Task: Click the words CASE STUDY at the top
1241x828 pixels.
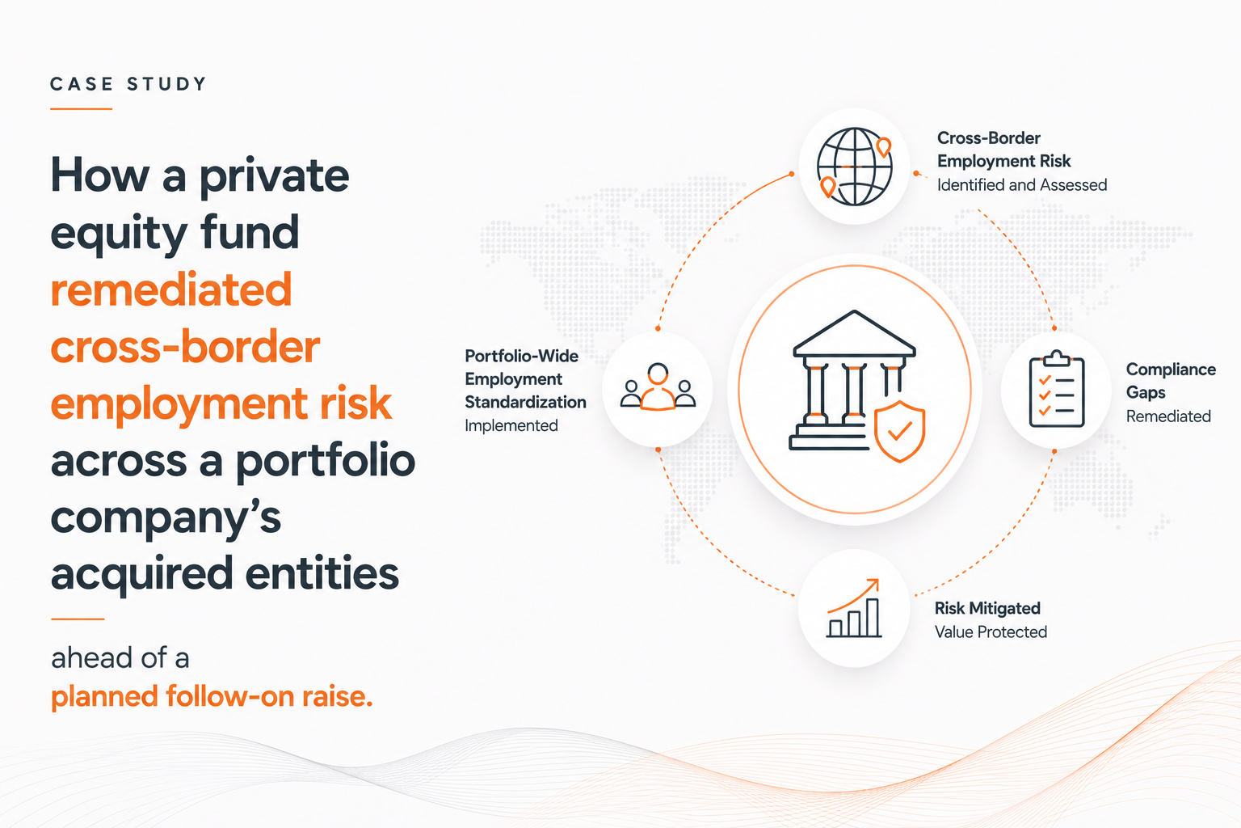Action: (128, 84)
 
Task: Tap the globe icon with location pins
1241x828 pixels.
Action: (854, 167)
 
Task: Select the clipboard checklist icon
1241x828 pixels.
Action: (1057, 389)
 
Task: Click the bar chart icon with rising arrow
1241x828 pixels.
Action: (854, 608)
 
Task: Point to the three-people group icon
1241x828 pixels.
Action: (658, 387)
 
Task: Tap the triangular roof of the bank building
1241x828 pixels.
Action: (854, 333)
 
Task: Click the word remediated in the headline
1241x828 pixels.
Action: (171, 289)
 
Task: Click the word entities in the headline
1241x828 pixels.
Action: (322, 573)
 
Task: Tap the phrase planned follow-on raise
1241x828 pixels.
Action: (212, 696)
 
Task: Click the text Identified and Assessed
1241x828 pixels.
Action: (1021, 184)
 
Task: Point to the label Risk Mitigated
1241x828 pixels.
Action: (987, 608)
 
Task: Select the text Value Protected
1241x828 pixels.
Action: (991, 632)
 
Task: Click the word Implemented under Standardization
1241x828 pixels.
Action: (511, 425)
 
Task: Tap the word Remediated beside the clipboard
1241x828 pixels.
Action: (1167, 416)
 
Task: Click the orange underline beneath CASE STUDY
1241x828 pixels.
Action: (82, 108)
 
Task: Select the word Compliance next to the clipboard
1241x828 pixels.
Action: (1171, 370)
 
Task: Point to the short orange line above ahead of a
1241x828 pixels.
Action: (78, 619)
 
